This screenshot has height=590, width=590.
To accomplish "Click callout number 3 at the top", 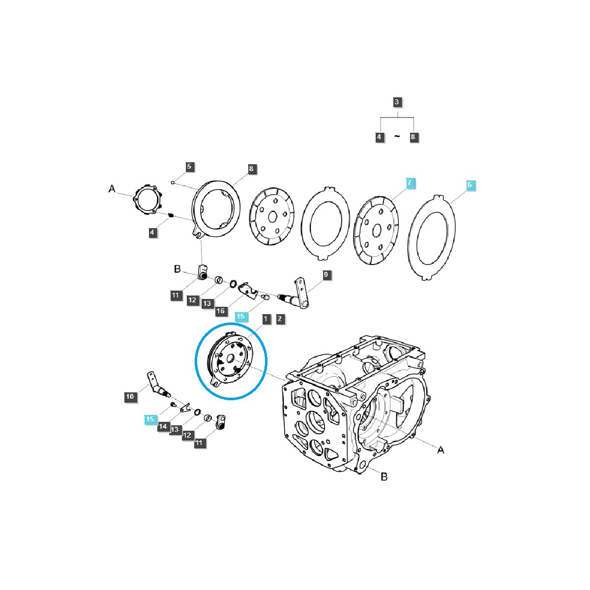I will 397,103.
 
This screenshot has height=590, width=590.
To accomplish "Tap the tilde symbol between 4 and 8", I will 397,137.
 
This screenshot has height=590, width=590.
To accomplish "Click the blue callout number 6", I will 470,185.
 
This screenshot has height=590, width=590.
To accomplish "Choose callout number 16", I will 221,310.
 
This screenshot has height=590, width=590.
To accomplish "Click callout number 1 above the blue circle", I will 265,319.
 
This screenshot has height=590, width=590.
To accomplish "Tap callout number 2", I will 280,319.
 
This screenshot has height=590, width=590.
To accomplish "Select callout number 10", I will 130,396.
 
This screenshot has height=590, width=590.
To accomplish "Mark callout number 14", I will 163,426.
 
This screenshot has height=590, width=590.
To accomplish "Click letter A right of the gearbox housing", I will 441,450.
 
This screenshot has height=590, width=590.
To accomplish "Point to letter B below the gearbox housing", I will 384,476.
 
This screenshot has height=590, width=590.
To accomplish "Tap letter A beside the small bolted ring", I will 112,189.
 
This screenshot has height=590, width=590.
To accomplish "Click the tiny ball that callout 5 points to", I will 173,182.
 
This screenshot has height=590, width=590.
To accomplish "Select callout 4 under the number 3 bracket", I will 379,137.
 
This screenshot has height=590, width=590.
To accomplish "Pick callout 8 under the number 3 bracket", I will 413,137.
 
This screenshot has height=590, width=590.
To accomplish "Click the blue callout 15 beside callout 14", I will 150,419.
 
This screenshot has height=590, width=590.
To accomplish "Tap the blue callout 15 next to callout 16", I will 240,316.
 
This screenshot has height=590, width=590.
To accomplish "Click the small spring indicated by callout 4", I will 171,214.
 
